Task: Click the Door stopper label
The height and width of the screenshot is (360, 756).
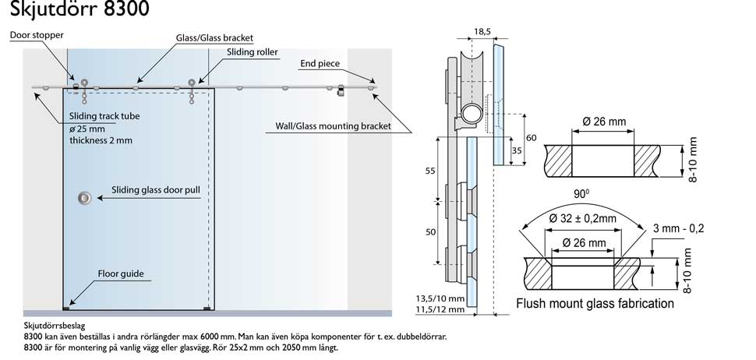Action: (37, 36)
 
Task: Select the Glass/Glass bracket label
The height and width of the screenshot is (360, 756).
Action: (214, 37)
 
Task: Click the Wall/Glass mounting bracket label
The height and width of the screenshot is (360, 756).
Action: (332, 125)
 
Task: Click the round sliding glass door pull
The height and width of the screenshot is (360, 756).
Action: (83, 199)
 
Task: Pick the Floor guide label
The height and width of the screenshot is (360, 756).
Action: (120, 274)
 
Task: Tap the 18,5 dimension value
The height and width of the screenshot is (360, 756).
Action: (482, 31)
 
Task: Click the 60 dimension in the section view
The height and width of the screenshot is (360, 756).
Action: (532, 138)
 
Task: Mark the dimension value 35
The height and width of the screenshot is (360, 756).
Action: (516, 150)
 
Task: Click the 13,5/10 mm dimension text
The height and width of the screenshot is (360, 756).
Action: (440, 298)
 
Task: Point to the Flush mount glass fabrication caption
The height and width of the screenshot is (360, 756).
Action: (595, 304)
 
